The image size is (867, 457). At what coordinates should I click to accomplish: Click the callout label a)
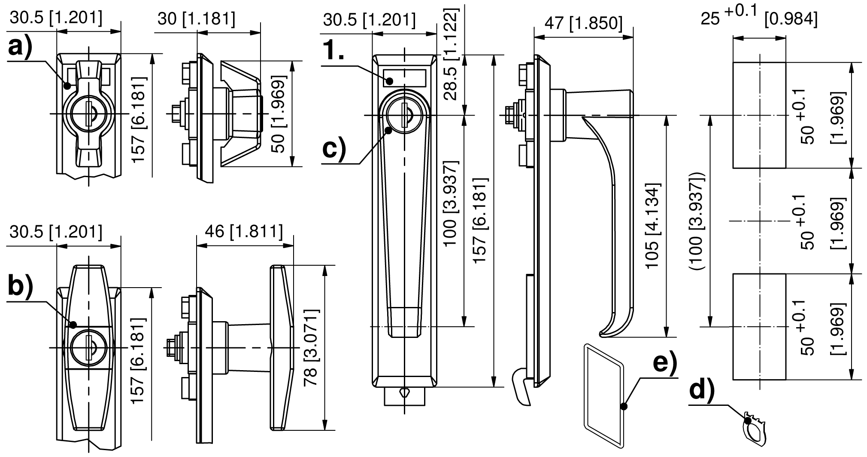coord(20,48)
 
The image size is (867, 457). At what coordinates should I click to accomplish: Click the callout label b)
coord(21,288)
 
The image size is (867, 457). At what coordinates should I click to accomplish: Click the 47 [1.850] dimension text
coord(582,24)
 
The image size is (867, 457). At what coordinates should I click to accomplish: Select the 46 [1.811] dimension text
coord(244,232)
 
